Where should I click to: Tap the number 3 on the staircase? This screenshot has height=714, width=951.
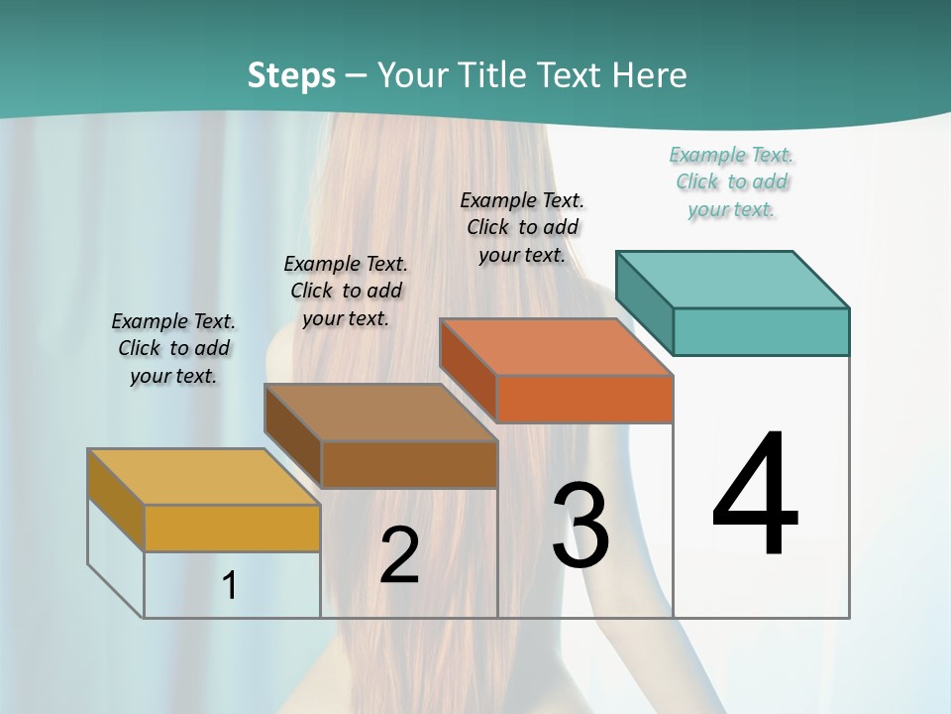tap(580, 525)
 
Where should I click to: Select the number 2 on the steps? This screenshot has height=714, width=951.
tap(399, 555)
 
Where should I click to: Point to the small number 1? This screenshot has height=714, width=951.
tap(229, 585)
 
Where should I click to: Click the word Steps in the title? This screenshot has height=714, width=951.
tap(291, 75)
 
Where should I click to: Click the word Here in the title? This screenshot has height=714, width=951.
tap(649, 75)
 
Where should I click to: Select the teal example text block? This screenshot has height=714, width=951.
tap(732, 181)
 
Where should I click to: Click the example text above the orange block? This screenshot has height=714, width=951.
tap(522, 227)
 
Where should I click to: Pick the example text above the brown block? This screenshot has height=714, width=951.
tap(346, 291)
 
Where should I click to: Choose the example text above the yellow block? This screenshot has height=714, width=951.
tap(173, 348)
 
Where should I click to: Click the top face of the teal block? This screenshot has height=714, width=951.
tap(733, 279)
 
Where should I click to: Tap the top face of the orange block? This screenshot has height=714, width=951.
tap(556, 347)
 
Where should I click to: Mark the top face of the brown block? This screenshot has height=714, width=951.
tap(380, 413)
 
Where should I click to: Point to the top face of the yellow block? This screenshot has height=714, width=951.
tap(203, 477)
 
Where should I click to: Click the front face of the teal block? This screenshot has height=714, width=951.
tap(761, 331)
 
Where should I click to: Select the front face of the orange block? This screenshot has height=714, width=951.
tap(584, 399)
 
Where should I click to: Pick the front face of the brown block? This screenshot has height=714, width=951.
tap(409, 464)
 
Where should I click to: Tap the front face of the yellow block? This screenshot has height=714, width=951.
tap(232, 528)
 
